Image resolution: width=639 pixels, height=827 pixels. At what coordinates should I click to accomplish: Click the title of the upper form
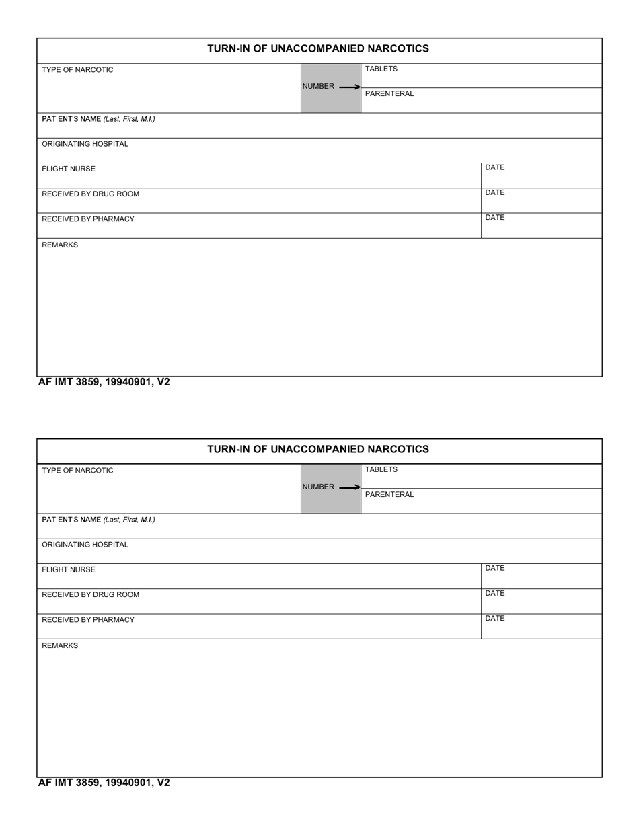pyautogui.click(x=317, y=48)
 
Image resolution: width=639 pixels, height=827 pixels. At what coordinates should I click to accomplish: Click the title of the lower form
pyautogui.click(x=317, y=449)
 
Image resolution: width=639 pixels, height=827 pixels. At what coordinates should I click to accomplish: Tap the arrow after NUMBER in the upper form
pyautogui.click(x=349, y=87)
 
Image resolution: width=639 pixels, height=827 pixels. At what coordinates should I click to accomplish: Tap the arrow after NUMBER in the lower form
pyautogui.click(x=349, y=487)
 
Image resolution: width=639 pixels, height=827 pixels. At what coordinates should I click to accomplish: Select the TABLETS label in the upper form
pyautogui.click(x=381, y=69)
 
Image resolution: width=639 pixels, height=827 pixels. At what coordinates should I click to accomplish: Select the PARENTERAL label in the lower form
pyautogui.click(x=389, y=494)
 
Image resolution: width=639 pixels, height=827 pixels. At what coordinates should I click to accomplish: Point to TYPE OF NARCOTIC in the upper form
pyautogui.click(x=77, y=70)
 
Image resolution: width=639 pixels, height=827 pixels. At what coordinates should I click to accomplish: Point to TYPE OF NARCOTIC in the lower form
pyautogui.click(x=77, y=471)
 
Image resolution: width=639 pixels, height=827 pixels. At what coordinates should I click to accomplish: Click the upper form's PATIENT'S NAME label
pyautogui.click(x=98, y=119)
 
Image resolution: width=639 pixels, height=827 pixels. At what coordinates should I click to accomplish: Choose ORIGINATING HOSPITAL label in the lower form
pyautogui.click(x=85, y=545)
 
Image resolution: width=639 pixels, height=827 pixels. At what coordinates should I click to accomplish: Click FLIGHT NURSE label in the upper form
pyautogui.click(x=69, y=169)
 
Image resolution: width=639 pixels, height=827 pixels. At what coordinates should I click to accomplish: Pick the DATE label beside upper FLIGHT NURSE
pyautogui.click(x=494, y=167)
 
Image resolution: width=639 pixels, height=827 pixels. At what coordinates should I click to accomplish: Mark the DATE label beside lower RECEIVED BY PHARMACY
pyautogui.click(x=494, y=618)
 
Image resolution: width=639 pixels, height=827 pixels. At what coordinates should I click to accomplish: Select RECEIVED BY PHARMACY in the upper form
pyautogui.click(x=87, y=219)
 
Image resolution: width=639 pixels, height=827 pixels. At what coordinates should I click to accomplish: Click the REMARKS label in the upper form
pyautogui.click(x=60, y=245)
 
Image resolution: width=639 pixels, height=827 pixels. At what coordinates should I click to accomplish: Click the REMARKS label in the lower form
pyautogui.click(x=60, y=646)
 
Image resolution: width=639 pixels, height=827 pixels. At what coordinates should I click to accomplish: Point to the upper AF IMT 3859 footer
pyautogui.click(x=104, y=383)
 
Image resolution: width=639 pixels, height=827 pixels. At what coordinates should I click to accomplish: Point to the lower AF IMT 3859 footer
pyautogui.click(x=104, y=783)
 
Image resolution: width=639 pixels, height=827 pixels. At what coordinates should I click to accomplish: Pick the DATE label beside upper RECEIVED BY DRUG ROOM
pyautogui.click(x=494, y=192)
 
